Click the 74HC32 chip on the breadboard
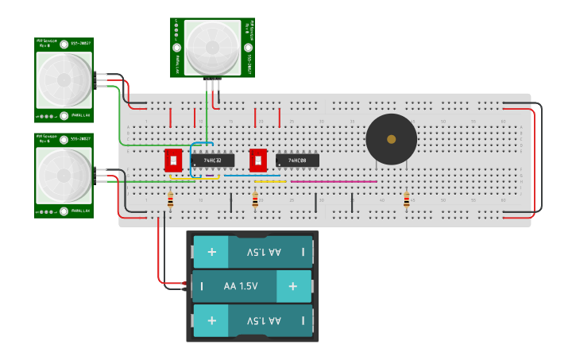pos(212,161)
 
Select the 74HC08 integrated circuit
pos(297,161)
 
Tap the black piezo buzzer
pos(391,139)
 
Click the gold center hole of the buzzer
pos(391,139)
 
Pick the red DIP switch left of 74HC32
pos(173,160)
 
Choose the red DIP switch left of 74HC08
pos(257,160)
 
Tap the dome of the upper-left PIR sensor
pos(64,79)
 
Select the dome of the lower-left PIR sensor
pos(64,175)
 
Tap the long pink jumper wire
pos(334,181)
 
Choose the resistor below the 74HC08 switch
pos(255,200)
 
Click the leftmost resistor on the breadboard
pos(170,200)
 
